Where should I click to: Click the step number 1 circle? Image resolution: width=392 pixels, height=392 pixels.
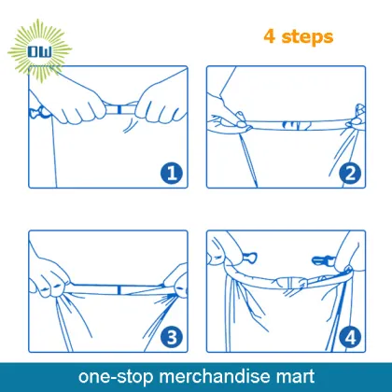click(x=172, y=173)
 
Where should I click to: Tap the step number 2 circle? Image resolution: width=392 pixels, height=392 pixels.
click(x=350, y=173)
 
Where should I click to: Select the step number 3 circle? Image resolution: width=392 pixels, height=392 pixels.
click(x=172, y=337)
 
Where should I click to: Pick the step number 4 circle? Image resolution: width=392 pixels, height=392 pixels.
click(x=350, y=337)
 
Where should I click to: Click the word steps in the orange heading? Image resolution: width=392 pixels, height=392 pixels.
click(x=307, y=37)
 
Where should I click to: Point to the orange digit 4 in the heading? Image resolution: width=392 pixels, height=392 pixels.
click(x=270, y=36)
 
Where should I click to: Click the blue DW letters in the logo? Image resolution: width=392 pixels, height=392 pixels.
click(x=39, y=51)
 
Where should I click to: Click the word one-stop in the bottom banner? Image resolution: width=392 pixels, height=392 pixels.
click(x=116, y=377)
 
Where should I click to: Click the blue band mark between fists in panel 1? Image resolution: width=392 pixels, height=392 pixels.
click(x=119, y=109)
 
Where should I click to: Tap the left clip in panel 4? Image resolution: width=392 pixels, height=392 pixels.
click(x=249, y=258)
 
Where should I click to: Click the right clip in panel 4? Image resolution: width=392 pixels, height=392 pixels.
click(x=323, y=260)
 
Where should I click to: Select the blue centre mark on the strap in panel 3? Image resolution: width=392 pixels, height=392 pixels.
click(x=119, y=290)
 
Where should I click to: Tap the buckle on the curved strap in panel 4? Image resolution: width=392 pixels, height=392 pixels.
click(x=292, y=283)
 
